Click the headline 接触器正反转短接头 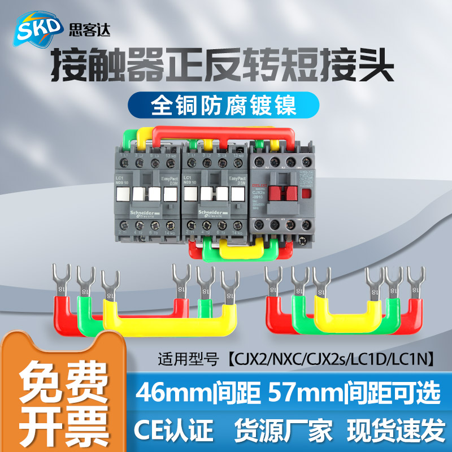pyautogui.click(x=223, y=67)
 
